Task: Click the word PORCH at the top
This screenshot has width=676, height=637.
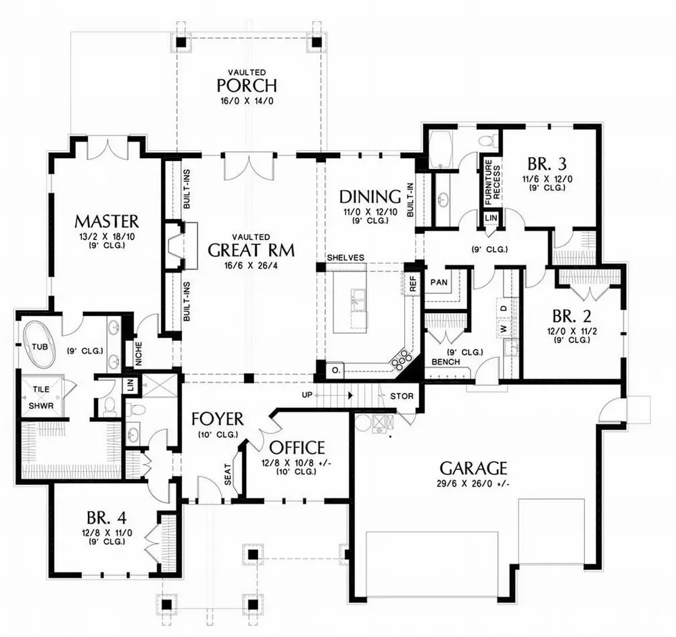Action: pyautogui.click(x=246, y=86)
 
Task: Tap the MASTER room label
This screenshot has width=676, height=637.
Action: pyautogui.click(x=107, y=221)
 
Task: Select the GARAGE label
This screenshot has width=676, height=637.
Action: pyautogui.click(x=473, y=468)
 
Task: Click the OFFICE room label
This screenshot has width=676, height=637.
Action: pyautogui.click(x=297, y=448)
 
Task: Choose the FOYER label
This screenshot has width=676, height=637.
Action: pyautogui.click(x=216, y=417)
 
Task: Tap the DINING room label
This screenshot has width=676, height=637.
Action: pyautogui.click(x=370, y=197)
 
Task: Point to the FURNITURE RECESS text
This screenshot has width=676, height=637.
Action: pyautogui.click(x=491, y=184)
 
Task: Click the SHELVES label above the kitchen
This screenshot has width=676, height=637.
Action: pyautogui.click(x=345, y=258)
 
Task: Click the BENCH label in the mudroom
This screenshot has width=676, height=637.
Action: pyautogui.click(x=446, y=362)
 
